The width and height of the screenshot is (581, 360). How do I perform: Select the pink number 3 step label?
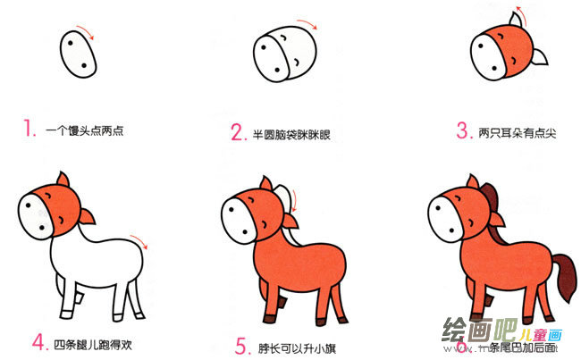coord(462,131)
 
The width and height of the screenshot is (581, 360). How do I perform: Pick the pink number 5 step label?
coord(240,344)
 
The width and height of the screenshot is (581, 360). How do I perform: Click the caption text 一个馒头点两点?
coord(85,131)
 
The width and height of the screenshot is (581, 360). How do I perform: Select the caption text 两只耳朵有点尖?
coord(516,133)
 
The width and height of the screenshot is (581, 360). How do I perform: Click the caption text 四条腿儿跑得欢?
coord(92,343)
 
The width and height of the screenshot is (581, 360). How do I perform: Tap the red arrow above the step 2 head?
coord(306,23)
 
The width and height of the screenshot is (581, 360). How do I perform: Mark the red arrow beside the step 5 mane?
coord(295,212)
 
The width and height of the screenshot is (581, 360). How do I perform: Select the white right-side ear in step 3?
coord(540,60)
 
